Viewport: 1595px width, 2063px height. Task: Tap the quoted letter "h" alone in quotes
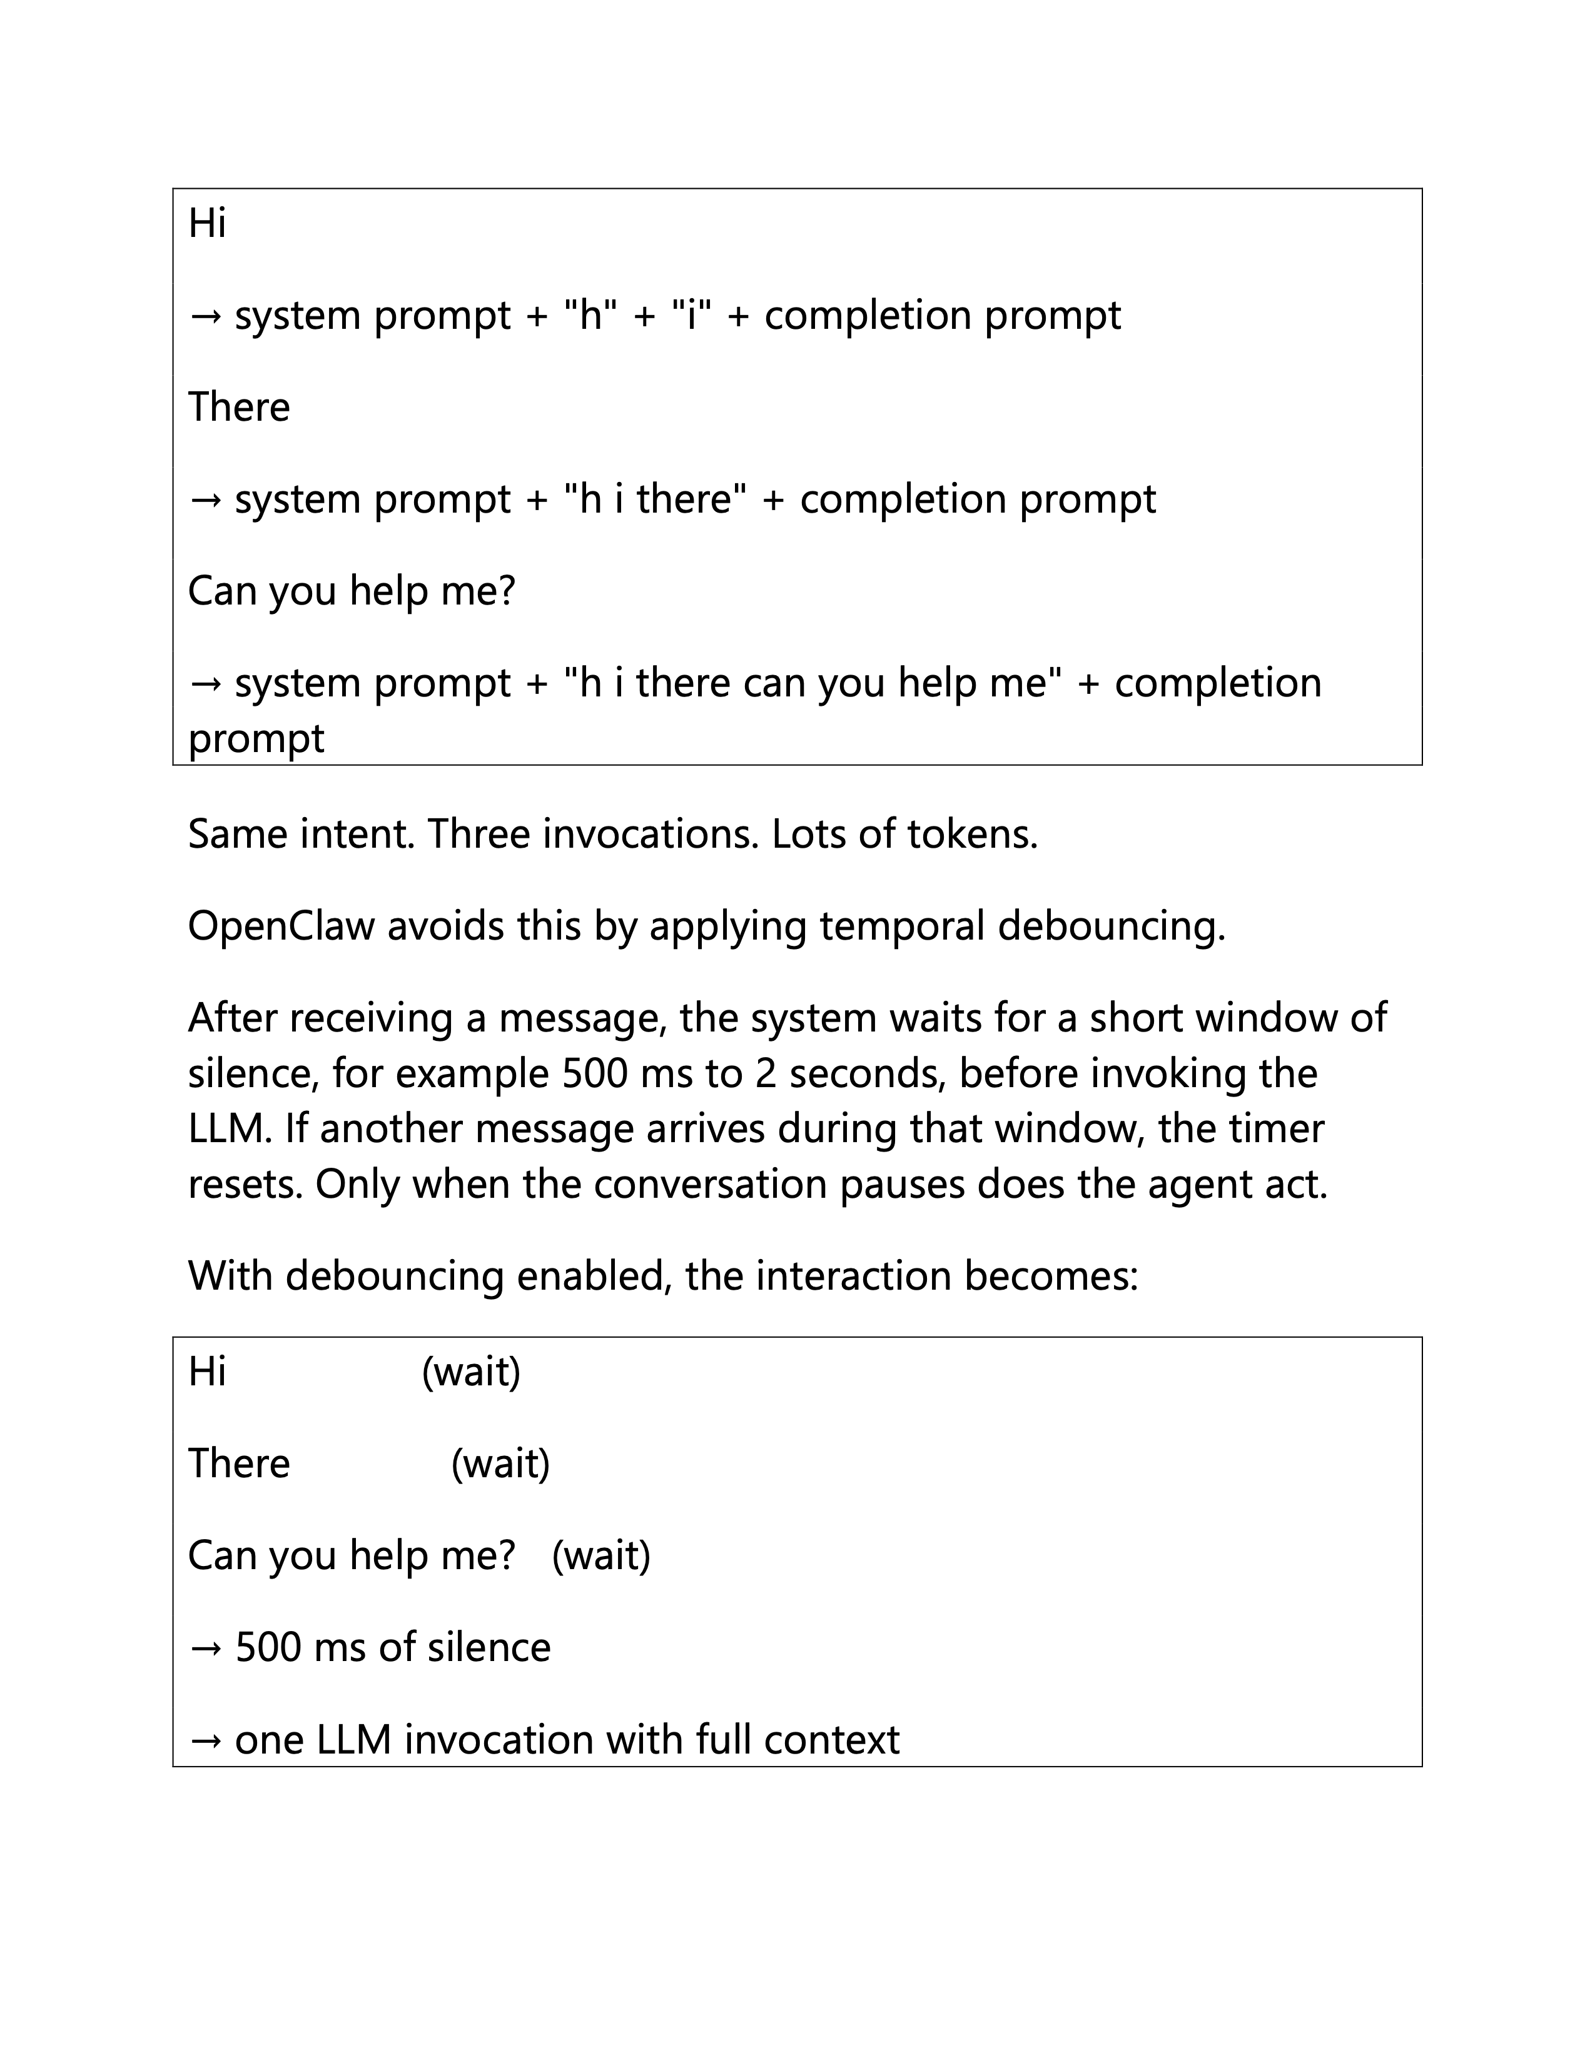[592, 316]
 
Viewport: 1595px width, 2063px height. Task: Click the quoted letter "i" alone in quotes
[691, 316]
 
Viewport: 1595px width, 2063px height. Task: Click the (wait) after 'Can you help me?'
[601, 1555]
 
